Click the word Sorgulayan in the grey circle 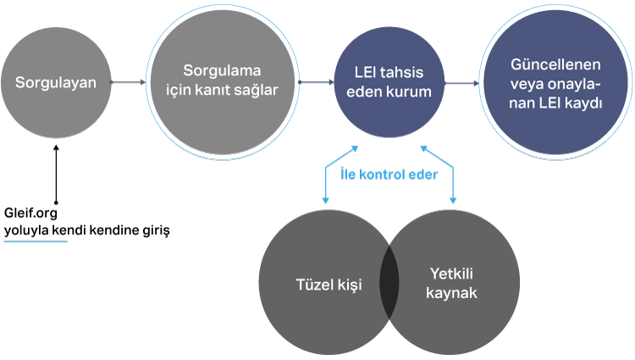point(56,83)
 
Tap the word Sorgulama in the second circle point(222,69)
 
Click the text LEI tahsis point(390,72)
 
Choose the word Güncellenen point(556,65)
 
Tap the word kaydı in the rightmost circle point(583,102)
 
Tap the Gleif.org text point(30,213)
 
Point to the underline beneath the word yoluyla point(35,241)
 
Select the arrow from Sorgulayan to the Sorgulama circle point(130,82)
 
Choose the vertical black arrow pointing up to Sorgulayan point(56,174)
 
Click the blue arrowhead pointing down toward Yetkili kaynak point(454,200)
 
